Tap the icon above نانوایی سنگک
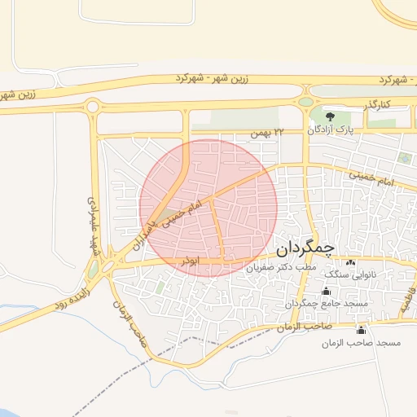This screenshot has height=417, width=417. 351,262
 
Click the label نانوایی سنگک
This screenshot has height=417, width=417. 350,275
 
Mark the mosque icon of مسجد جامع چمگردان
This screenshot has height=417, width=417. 327,291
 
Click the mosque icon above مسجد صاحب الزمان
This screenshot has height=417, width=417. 361,330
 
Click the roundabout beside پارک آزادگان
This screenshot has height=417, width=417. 307,102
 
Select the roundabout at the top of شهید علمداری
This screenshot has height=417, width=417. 92,106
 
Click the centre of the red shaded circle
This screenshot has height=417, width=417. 208,208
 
